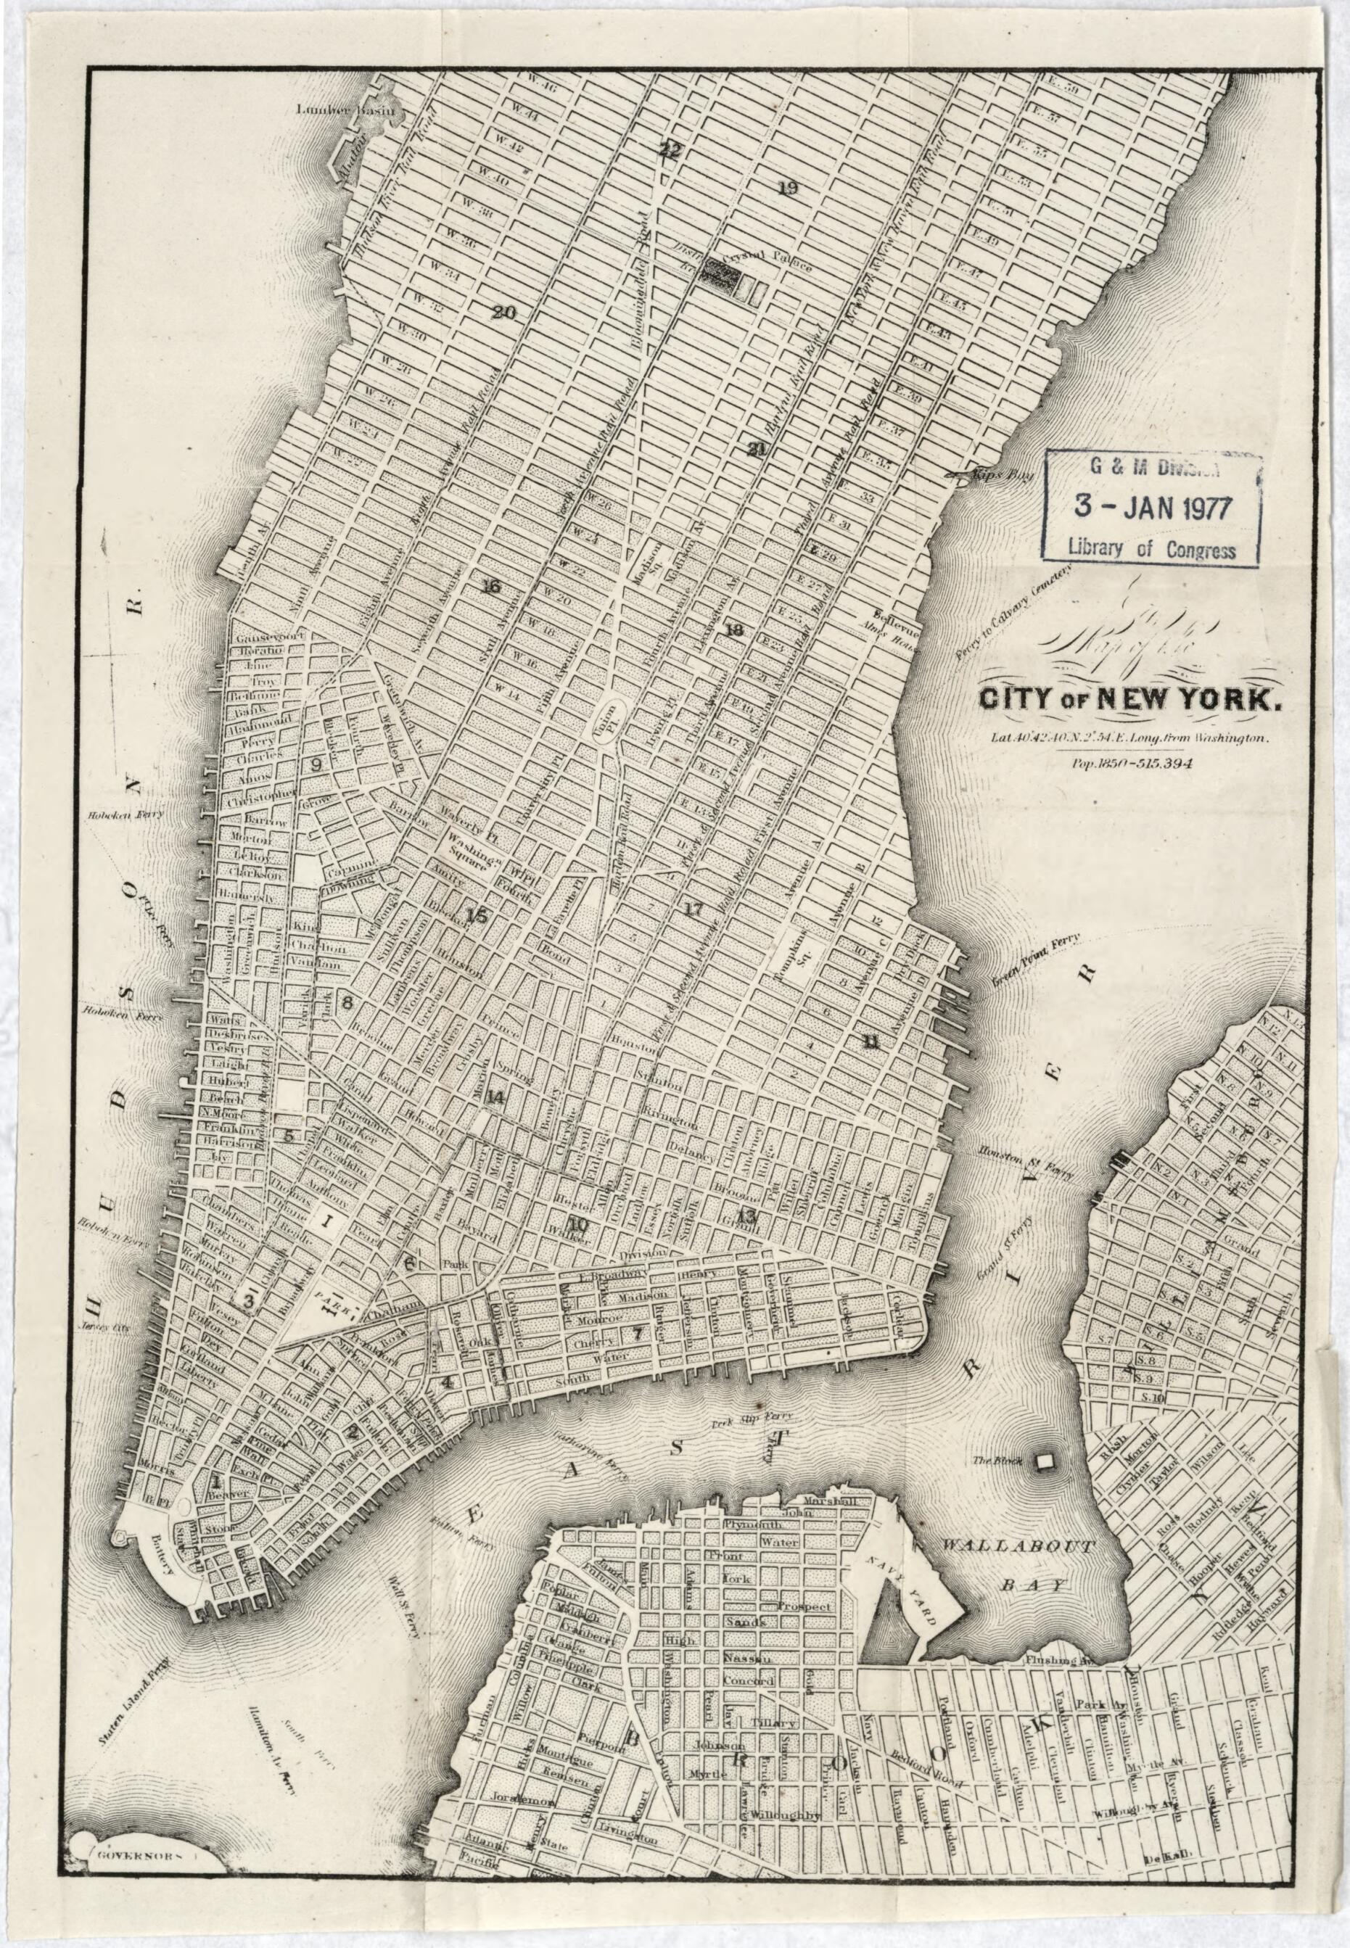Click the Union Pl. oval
tap(606, 722)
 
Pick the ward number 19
tap(788, 188)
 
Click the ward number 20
tap(503, 313)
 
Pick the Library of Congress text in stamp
tap(1151, 548)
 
